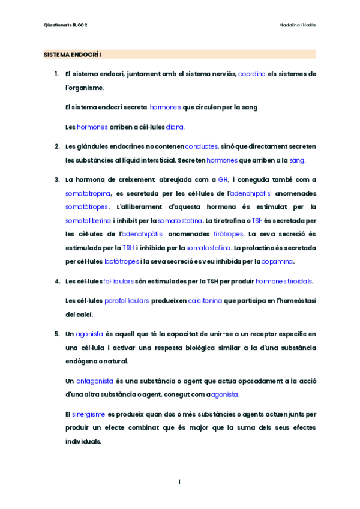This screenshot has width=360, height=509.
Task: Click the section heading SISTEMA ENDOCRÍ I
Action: click(73, 55)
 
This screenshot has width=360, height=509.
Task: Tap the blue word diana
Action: click(175, 127)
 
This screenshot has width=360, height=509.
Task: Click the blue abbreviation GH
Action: click(223, 179)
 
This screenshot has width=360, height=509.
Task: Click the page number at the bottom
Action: click(179, 482)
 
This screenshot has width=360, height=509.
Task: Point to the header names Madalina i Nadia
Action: click(298, 25)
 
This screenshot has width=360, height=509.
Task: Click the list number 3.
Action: click(56, 179)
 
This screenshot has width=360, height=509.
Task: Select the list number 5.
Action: click(56, 333)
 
